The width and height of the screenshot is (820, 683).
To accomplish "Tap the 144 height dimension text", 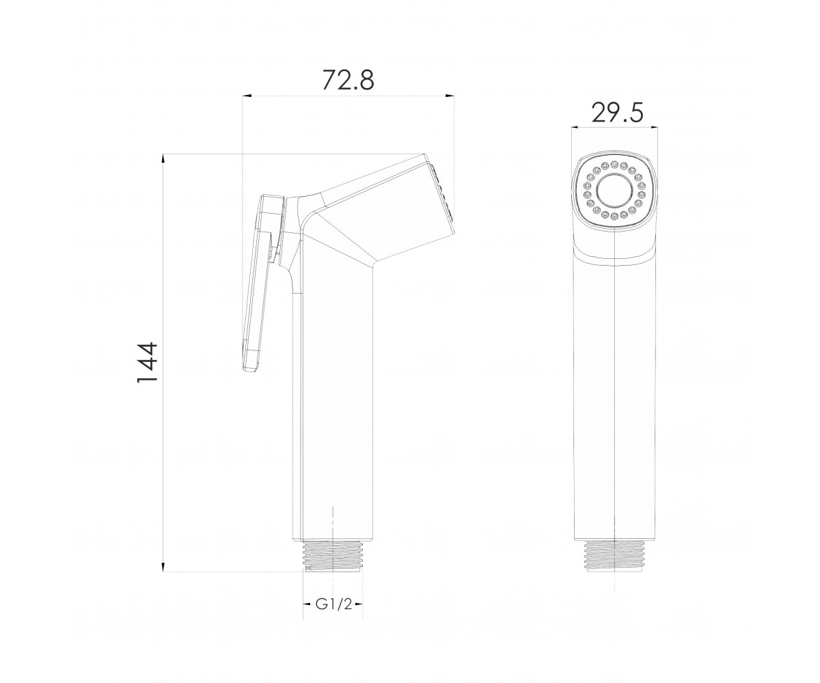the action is pyautogui.click(x=148, y=363).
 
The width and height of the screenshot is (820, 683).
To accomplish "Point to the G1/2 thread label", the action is pyautogui.click(x=333, y=616).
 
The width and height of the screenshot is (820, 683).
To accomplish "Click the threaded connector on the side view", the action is pyautogui.click(x=333, y=557).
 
